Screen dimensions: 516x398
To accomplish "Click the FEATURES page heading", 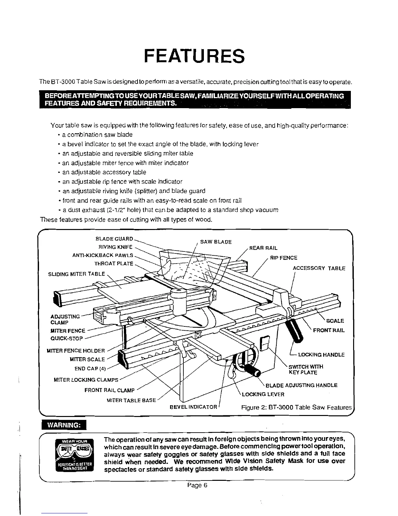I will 194,56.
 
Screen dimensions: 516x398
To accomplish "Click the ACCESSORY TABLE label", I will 319,268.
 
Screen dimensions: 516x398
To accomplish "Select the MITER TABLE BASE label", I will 131,400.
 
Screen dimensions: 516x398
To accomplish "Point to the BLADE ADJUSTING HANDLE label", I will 301,385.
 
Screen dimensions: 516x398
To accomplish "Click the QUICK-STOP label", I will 67,338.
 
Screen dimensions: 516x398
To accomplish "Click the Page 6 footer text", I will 197,485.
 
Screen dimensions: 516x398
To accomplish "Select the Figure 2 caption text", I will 297,408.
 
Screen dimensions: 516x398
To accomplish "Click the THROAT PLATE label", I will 114,263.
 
